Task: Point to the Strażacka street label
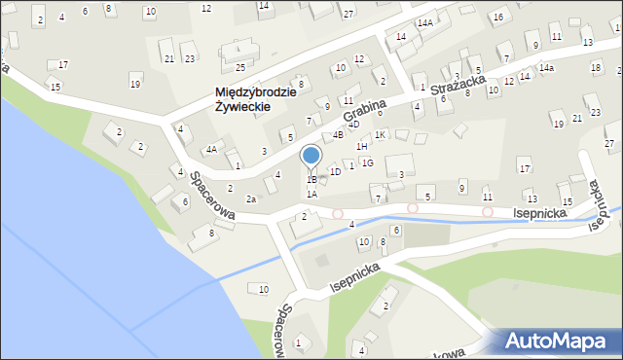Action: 458,89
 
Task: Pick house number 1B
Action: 311,180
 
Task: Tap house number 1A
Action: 311,194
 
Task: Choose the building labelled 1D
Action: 335,171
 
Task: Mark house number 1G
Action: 367,162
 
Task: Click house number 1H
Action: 362,146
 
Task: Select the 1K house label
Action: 381,134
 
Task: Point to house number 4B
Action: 338,134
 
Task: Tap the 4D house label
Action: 354,125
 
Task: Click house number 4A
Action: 210,150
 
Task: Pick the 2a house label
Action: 251,198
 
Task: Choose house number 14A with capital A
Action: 424,22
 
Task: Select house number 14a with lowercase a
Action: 547,67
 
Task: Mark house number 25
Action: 239,67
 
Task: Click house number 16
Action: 498,18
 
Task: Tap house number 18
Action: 595,67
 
